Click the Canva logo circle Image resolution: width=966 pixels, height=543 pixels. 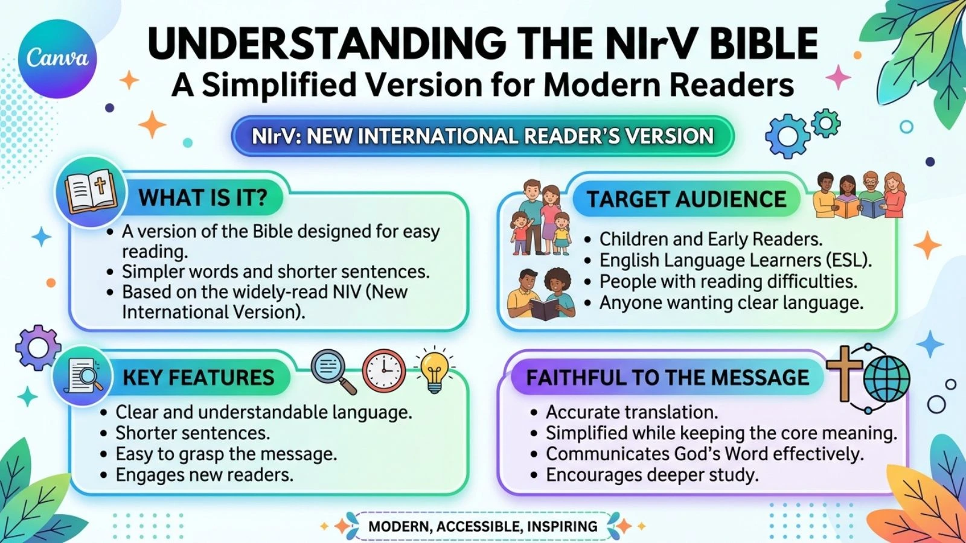tap(57, 59)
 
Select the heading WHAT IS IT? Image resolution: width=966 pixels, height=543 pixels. tap(203, 198)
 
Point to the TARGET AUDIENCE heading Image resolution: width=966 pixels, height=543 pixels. tap(686, 200)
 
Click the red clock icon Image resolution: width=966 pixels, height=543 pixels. tap(384, 370)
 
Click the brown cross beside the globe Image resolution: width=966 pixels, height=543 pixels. tap(844, 373)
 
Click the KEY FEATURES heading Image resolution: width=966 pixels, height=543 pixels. tap(199, 378)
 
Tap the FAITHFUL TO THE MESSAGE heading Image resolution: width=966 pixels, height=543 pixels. tap(668, 378)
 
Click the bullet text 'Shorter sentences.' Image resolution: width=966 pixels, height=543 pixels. tap(193, 433)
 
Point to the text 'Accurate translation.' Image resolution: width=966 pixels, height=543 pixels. tap(632, 412)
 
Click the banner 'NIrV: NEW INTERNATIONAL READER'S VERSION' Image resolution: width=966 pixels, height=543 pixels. tap(482, 136)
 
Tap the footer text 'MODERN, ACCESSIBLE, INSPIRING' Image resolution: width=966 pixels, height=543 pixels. tap(483, 526)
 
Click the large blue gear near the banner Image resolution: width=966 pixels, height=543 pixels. tap(788, 136)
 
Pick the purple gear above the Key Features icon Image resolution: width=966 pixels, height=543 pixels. tap(38, 348)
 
